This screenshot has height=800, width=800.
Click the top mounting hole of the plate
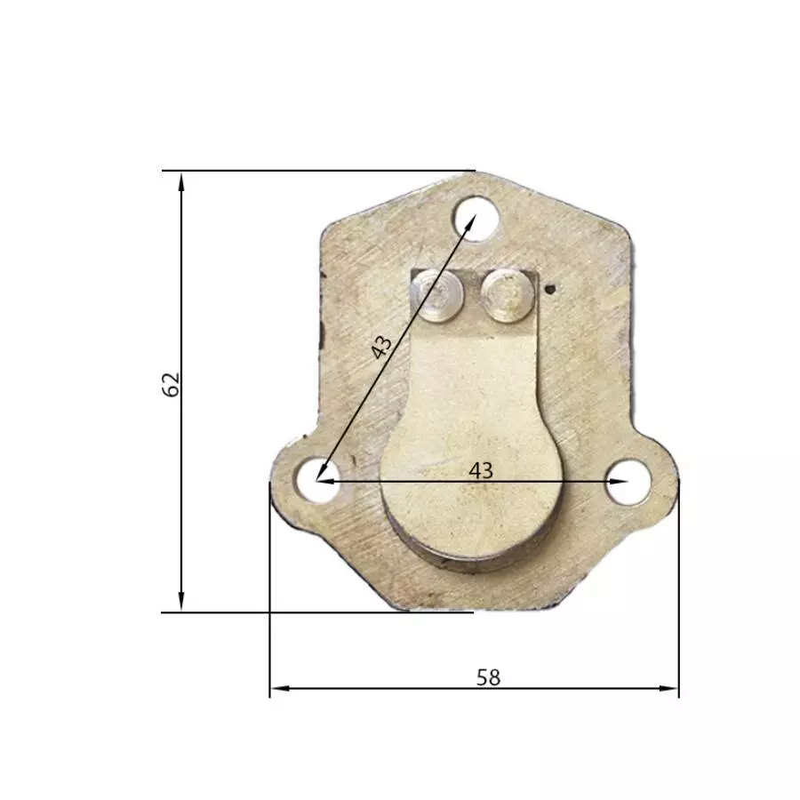[x=476, y=220]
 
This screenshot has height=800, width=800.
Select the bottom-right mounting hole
[x=628, y=482]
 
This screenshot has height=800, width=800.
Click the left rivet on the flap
[x=438, y=297]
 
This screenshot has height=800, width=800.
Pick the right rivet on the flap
[x=508, y=296]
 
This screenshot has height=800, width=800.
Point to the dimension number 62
[x=172, y=384]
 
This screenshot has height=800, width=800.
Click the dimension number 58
[x=488, y=677]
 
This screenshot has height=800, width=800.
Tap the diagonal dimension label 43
[x=381, y=347]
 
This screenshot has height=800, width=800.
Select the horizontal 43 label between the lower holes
[x=481, y=470]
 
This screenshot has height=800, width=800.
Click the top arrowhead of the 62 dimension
[x=181, y=181]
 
